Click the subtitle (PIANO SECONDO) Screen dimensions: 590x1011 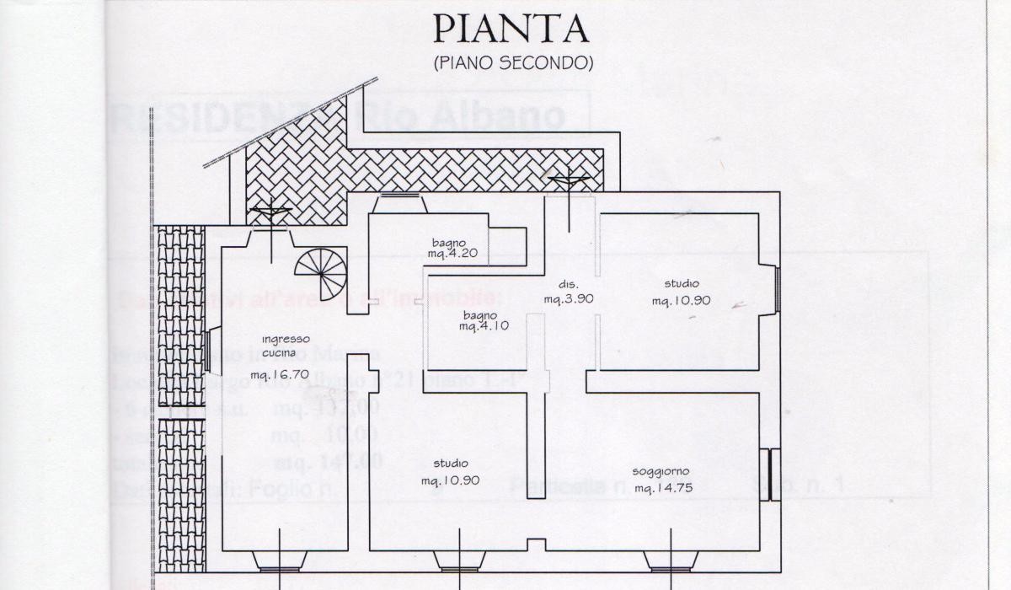point(513,63)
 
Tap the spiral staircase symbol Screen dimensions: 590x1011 point(321,273)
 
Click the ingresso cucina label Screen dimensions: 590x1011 point(285,346)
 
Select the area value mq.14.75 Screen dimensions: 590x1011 point(663,489)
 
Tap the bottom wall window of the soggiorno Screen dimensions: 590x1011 point(671,562)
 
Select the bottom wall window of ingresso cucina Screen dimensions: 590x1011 point(281,562)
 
